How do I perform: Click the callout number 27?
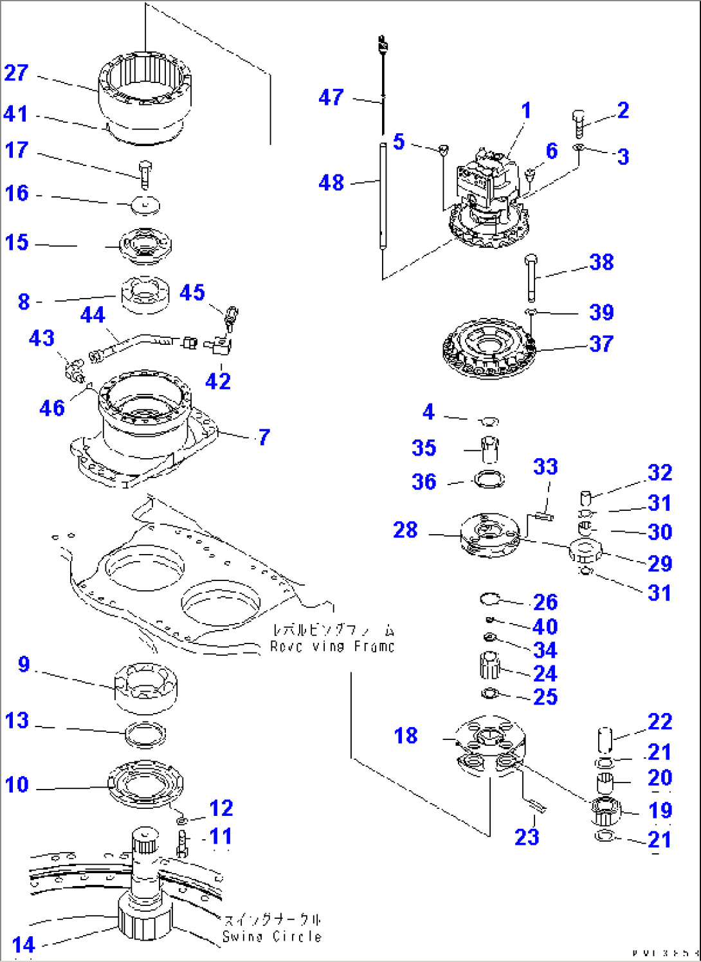coord(16,73)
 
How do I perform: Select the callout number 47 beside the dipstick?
coord(331,97)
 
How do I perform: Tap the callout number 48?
coord(331,183)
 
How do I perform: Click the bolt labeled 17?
coord(145,173)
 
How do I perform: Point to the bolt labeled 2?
coord(578,122)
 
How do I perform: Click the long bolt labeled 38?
coord(531,278)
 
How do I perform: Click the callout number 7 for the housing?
coord(264,438)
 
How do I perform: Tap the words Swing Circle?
coord(271,936)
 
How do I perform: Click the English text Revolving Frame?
coord(332,646)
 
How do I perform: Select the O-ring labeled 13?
coord(145,734)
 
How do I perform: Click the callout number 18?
coord(406,735)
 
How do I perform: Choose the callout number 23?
coord(527,837)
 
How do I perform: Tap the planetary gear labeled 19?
coord(605,811)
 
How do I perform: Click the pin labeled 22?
coord(605,739)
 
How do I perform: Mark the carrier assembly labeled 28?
coord(489,533)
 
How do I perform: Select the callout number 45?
coord(192,292)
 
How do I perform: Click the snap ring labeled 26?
coord(489,599)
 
